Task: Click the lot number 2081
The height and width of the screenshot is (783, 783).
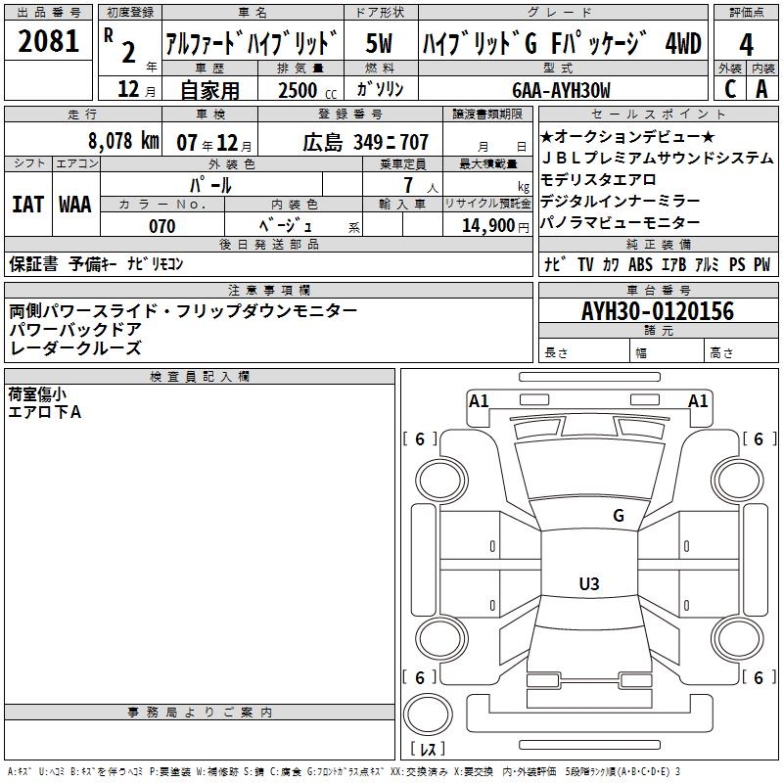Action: [x=48, y=41]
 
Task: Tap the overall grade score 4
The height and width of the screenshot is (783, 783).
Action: [x=746, y=45]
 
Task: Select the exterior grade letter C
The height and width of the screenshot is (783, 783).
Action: [x=730, y=89]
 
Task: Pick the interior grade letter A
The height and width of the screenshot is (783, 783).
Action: [x=761, y=89]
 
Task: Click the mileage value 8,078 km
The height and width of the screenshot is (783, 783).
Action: [x=123, y=141]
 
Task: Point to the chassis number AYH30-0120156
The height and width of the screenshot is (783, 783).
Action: [x=658, y=311]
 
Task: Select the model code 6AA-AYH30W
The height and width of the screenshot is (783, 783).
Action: [x=561, y=90]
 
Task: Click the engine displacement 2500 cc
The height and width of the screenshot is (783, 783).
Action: [x=307, y=90]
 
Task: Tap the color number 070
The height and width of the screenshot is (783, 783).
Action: [x=162, y=226]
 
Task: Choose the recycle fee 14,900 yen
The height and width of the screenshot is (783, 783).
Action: [x=495, y=226]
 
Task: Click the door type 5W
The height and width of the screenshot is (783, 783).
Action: [x=379, y=43]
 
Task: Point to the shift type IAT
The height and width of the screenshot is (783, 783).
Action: [x=28, y=205]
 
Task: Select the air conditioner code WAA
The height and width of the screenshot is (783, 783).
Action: [x=75, y=205]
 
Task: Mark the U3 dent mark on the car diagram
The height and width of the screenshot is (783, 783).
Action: [x=589, y=583]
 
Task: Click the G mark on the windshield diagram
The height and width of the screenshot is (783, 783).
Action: [x=619, y=516]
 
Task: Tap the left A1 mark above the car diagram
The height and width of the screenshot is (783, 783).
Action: [x=479, y=401]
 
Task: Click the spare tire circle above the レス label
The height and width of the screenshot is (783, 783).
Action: [x=428, y=714]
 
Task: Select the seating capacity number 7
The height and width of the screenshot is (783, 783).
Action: [x=408, y=185]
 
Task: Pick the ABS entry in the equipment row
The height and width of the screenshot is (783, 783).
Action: [x=640, y=264]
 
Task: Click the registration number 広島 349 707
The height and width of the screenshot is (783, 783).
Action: [x=365, y=142]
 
